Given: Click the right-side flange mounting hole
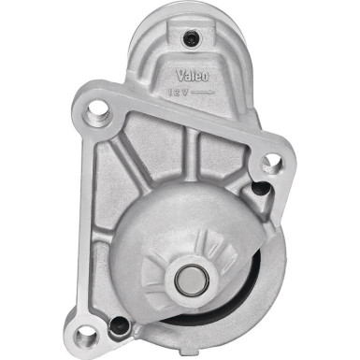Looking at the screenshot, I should click(271, 166).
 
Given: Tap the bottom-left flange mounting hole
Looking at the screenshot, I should click(89, 329).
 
